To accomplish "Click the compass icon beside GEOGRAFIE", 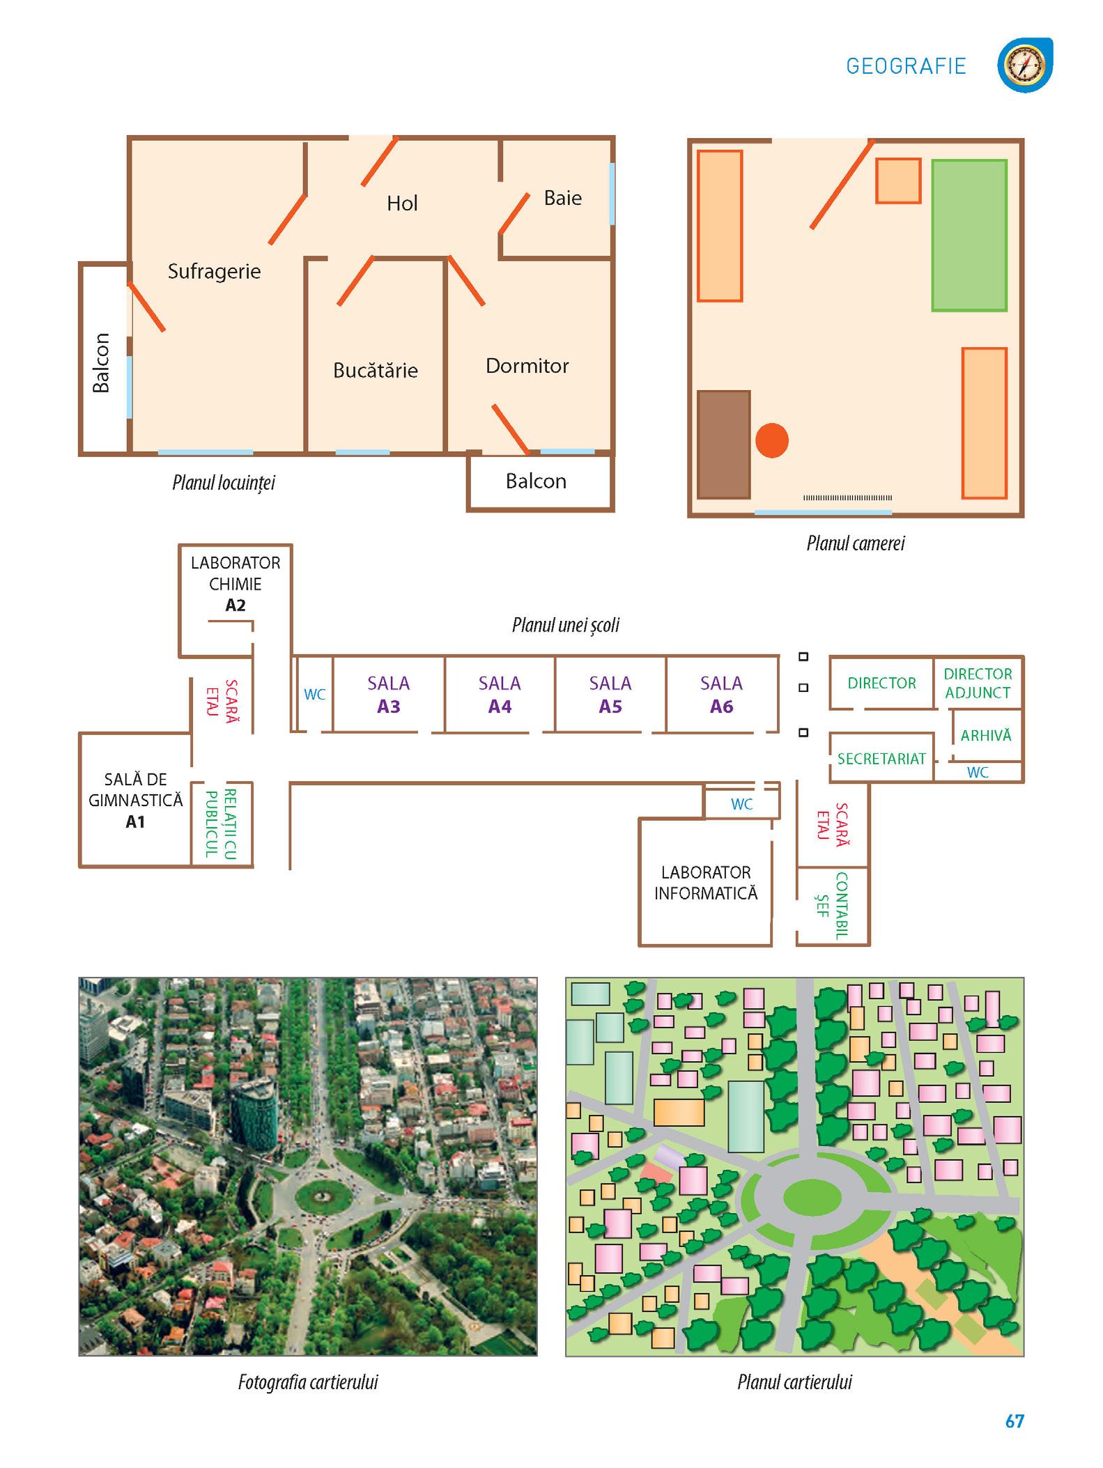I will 1024,65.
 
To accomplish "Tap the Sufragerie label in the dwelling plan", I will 214,271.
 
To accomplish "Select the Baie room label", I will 562,198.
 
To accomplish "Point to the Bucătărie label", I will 375,370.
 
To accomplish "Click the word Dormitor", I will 527,366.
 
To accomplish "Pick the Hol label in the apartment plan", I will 402,203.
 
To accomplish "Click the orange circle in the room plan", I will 771,440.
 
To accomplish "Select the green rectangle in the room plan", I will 969,235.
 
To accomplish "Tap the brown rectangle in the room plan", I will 724,445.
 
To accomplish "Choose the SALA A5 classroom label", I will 610,695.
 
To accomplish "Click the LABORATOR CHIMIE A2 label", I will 236,584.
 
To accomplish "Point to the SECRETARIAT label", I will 881,759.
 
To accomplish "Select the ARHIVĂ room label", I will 985,735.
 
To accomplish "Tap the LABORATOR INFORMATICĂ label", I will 706,883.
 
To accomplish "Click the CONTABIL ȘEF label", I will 833,906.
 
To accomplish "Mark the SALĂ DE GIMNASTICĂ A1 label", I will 135,801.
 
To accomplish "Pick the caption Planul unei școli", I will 565,625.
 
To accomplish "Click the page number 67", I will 1014,1421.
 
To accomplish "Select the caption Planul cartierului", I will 794,1382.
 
